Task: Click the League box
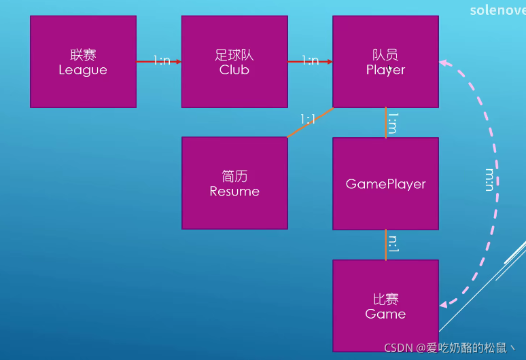tap(83, 62)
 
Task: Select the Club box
tap(234, 62)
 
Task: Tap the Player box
tap(386, 62)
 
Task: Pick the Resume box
tap(234, 183)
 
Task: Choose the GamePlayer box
tap(386, 183)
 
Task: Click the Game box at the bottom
tap(386, 306)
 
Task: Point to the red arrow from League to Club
tap(159, 62)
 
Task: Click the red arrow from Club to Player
tap(311, 62)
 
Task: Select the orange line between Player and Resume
tap(311, 122)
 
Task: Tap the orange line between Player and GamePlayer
tap(386, 123)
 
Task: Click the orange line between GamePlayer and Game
tap(386, 245)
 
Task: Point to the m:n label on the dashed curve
tap(490, 180)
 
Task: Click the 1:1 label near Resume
tap(308, 119)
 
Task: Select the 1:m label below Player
tap(393, 123)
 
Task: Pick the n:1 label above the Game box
tap(393, 244)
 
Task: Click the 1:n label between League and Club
tap(162, 60)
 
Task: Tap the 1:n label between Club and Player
tap(311, 60)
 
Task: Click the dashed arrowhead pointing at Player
tap(444, 62)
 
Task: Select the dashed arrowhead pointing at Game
tap(444, 305)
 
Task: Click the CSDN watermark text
tap(449, 348)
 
